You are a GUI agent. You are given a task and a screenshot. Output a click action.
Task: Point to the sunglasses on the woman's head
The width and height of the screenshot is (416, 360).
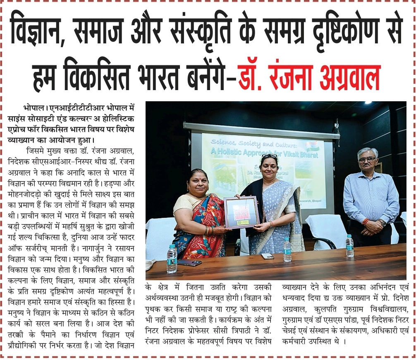269,157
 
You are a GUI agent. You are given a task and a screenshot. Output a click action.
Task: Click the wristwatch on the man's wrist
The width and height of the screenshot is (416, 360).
383,222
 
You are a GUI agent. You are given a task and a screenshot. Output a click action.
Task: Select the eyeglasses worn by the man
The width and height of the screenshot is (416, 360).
367,160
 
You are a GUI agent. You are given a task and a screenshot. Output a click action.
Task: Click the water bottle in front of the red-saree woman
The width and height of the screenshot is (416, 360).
172,259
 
